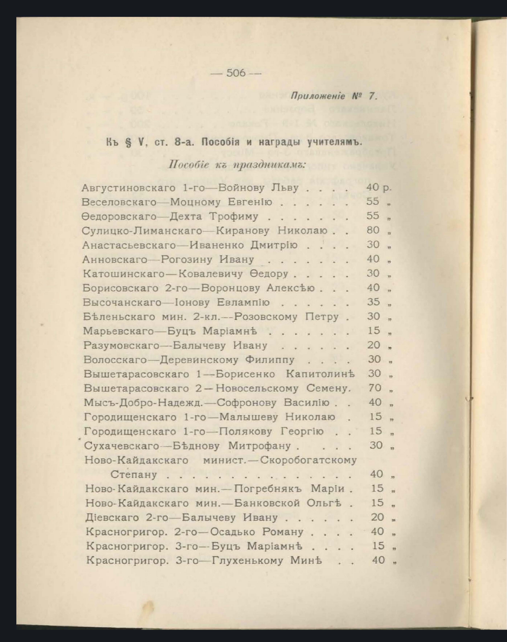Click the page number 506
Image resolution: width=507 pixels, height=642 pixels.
click(236, 73)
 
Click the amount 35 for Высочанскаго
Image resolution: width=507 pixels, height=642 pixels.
click(373, 302)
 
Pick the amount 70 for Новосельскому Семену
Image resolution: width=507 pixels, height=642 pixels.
click(375, 388)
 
